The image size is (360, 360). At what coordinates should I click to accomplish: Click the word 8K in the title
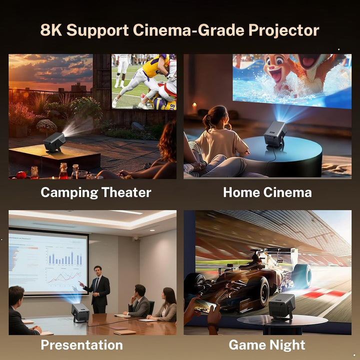point(51,30)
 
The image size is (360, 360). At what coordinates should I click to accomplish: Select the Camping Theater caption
point(96,192)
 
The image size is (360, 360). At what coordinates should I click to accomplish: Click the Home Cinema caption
point(267,192)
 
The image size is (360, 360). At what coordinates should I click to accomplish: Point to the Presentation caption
point(81,345)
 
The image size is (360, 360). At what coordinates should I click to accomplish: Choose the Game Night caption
point(267,345)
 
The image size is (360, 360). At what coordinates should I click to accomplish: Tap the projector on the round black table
point(274,133)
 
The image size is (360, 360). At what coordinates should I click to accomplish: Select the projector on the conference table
point(80,313)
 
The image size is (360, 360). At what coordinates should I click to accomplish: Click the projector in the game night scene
point(282,305)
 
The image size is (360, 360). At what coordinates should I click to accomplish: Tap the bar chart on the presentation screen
point(65,258)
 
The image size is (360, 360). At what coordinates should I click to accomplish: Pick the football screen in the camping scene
point(144,81)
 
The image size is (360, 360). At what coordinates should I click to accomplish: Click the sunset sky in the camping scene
point(50,70)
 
